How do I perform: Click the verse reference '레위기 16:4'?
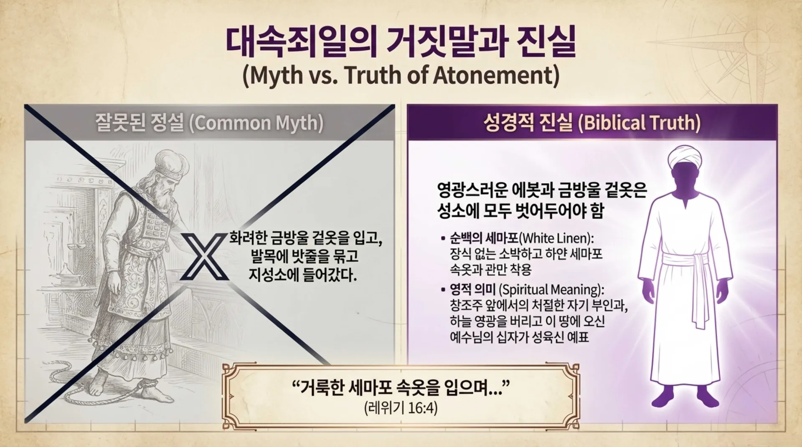[401, 407]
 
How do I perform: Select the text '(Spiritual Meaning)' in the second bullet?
[551, 289]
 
